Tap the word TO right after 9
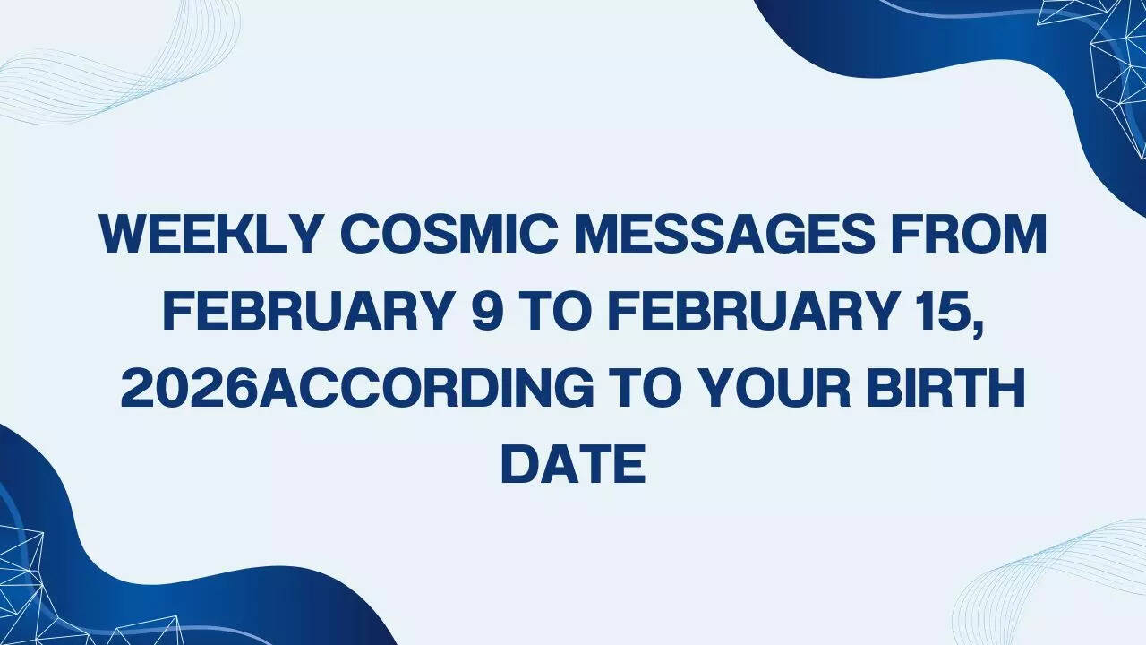point(552,312)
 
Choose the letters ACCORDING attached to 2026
point(431,388)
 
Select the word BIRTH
point(954,388)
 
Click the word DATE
point(573,464)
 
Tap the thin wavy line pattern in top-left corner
point(116,63)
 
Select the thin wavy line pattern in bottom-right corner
point(1056,582)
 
